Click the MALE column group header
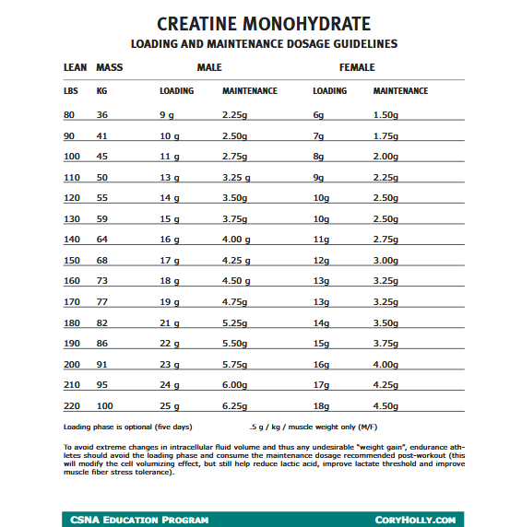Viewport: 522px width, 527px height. coord(209,68)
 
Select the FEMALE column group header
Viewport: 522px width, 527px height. coord(356,68)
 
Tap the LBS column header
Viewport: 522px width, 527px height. coord(70,91)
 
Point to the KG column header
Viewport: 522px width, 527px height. coord(101,91)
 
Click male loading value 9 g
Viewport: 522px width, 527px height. coord(168,114)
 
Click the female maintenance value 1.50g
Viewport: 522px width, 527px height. coord(386,114)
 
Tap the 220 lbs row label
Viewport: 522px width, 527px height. coord(72,405)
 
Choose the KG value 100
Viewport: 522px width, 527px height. coord(104,405)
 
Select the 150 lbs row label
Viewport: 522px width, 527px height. coord(72,260)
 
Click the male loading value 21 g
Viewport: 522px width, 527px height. coord(170,322)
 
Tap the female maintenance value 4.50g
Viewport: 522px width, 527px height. coord(386,405)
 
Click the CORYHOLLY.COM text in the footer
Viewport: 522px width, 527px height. coord(415,520)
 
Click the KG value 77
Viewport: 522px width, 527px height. coord(101,301)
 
